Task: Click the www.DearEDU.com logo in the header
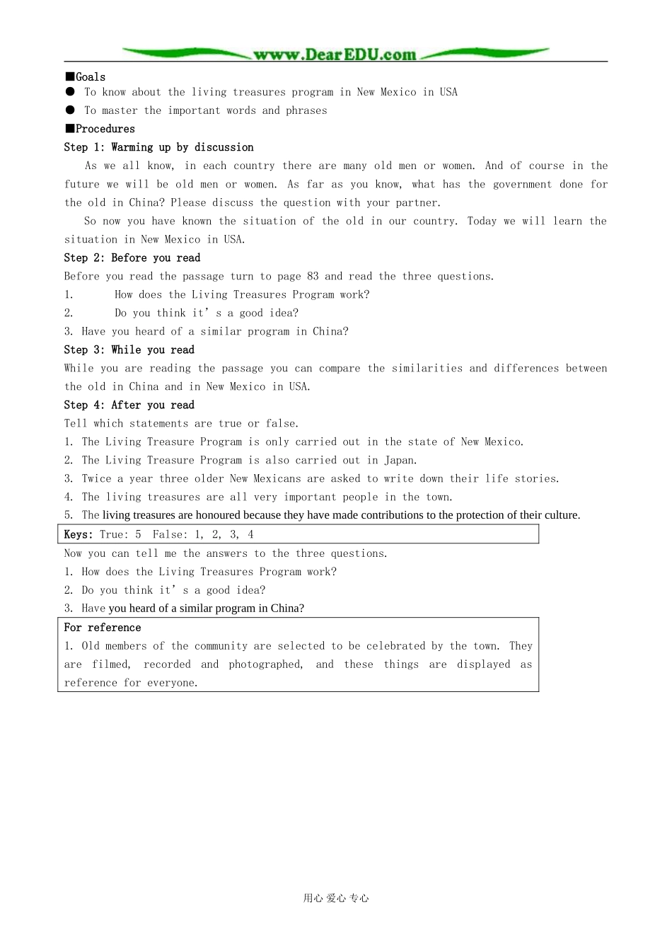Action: [x=335, y=54]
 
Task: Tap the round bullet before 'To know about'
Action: [x=70, y=92]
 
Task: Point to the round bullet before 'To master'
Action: [x=70, y=110]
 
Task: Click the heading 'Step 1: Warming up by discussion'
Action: [x=158, y=147]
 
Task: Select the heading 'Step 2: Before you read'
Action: [x=132, y=258]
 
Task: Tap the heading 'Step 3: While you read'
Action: [x=129, y=350]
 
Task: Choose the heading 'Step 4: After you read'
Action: [x=129, y=405]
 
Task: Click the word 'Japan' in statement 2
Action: [x=400, y=460]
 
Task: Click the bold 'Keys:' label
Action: [x=79, y=534]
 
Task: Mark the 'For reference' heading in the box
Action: [x=103, y=628]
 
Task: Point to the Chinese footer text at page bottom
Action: [x=336, y=898]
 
